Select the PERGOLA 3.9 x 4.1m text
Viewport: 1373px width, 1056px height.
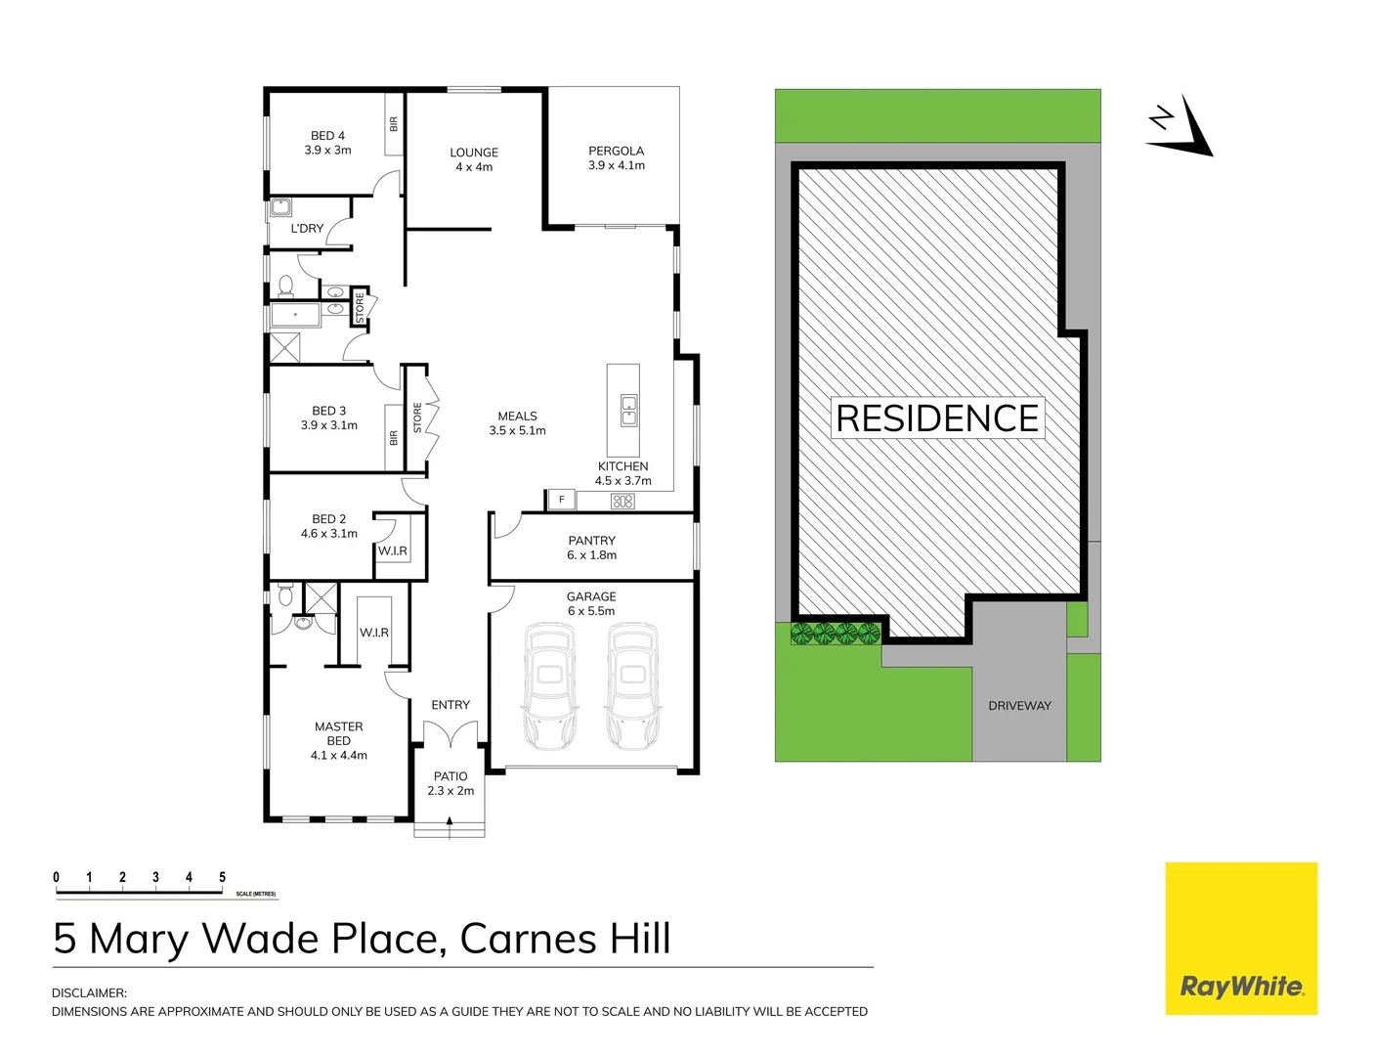pyautogui.click(x=616, y=158)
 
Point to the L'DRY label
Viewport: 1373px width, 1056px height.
pyautogui.click(x=307, y=229)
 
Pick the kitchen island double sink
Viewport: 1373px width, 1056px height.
pyautogui.click(x=629, y=411)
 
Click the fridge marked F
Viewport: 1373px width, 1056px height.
pyautogui.click(x=561, y=500)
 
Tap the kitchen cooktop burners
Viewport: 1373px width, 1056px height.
pyautogui.click(x=622, y=502)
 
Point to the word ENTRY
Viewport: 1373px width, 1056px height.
pyautogui.click(x=451, y=705)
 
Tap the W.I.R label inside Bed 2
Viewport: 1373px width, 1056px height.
pyautogui.click(x=393, y=551)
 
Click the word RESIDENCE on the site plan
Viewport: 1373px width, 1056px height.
pyautogui.click(x=937, y=418)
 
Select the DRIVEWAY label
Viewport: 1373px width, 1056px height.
pyautogui.click(x=1019, y=706)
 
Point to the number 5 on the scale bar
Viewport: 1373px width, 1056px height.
pyautogui.click(x=222, y=877)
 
